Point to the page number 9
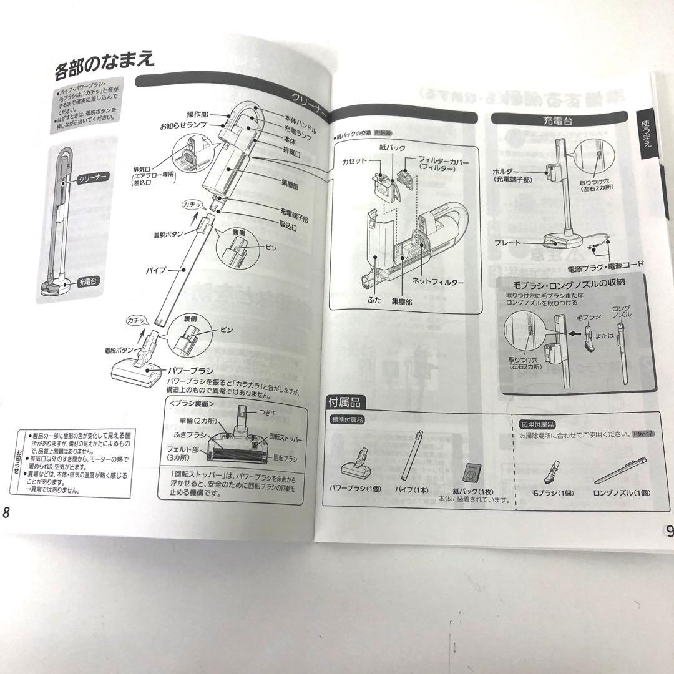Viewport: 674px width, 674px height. (668, 531)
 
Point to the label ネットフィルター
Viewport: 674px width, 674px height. (437, 282)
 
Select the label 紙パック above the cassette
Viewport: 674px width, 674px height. (392, 147)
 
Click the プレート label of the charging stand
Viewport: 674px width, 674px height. (507, 241)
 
